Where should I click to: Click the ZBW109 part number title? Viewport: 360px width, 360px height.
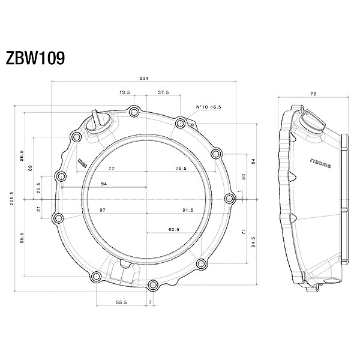click(x=35, y=58)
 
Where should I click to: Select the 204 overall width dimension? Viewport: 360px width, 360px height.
click(x=144, y=78)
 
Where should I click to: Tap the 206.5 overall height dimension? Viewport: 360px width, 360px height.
click(x=12, y=199)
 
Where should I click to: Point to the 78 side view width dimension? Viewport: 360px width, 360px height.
click(x=313, y=94)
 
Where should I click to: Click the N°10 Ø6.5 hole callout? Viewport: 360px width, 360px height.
click(x=208, y=107)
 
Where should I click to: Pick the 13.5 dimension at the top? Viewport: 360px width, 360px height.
click(x=125, y=92)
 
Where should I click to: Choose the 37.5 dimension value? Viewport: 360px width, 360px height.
click(x=163, y=92)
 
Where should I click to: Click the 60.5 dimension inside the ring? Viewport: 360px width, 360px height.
click(x=174, y=229)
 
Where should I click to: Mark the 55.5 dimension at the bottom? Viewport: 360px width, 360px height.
click(x=121, y=302)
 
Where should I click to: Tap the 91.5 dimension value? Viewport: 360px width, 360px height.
click(x=188, y=210)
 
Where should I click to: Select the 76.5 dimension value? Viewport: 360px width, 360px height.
click(x=181, y=168)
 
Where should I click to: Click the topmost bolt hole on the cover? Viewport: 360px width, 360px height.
click(x=134, y=112)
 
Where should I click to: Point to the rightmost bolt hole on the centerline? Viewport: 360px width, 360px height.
click(x=230, y=199)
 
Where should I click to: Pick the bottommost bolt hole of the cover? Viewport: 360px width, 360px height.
click(x=152, y=286)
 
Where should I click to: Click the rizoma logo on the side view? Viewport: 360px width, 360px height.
click(x=320, y=163)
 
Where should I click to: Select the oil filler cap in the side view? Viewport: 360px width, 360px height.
click(x=313, y=122)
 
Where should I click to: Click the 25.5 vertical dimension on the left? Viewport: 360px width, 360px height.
click(x=38, y=188)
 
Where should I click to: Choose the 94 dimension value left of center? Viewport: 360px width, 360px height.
click(x=104, y=184)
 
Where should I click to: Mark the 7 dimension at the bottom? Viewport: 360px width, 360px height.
click(x=151, y=302)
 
